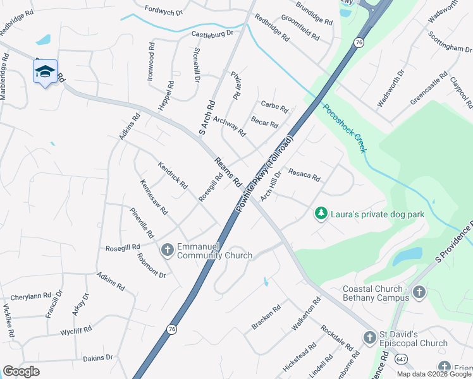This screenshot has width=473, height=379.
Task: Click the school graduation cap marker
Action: click(45, 73)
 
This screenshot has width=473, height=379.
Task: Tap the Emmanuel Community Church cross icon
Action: click(168, 250)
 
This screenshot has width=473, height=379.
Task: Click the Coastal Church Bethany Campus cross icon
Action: click(419, 292)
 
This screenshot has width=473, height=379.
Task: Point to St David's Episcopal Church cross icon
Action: click(369, 338)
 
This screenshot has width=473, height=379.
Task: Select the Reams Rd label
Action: click(228, 171)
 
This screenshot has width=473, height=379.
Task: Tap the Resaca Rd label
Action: click(304, 174)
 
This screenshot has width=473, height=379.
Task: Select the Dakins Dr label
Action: click(97, 358)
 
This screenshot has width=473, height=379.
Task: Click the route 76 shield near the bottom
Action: click(171, 329)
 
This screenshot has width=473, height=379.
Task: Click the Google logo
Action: click(21, 371)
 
